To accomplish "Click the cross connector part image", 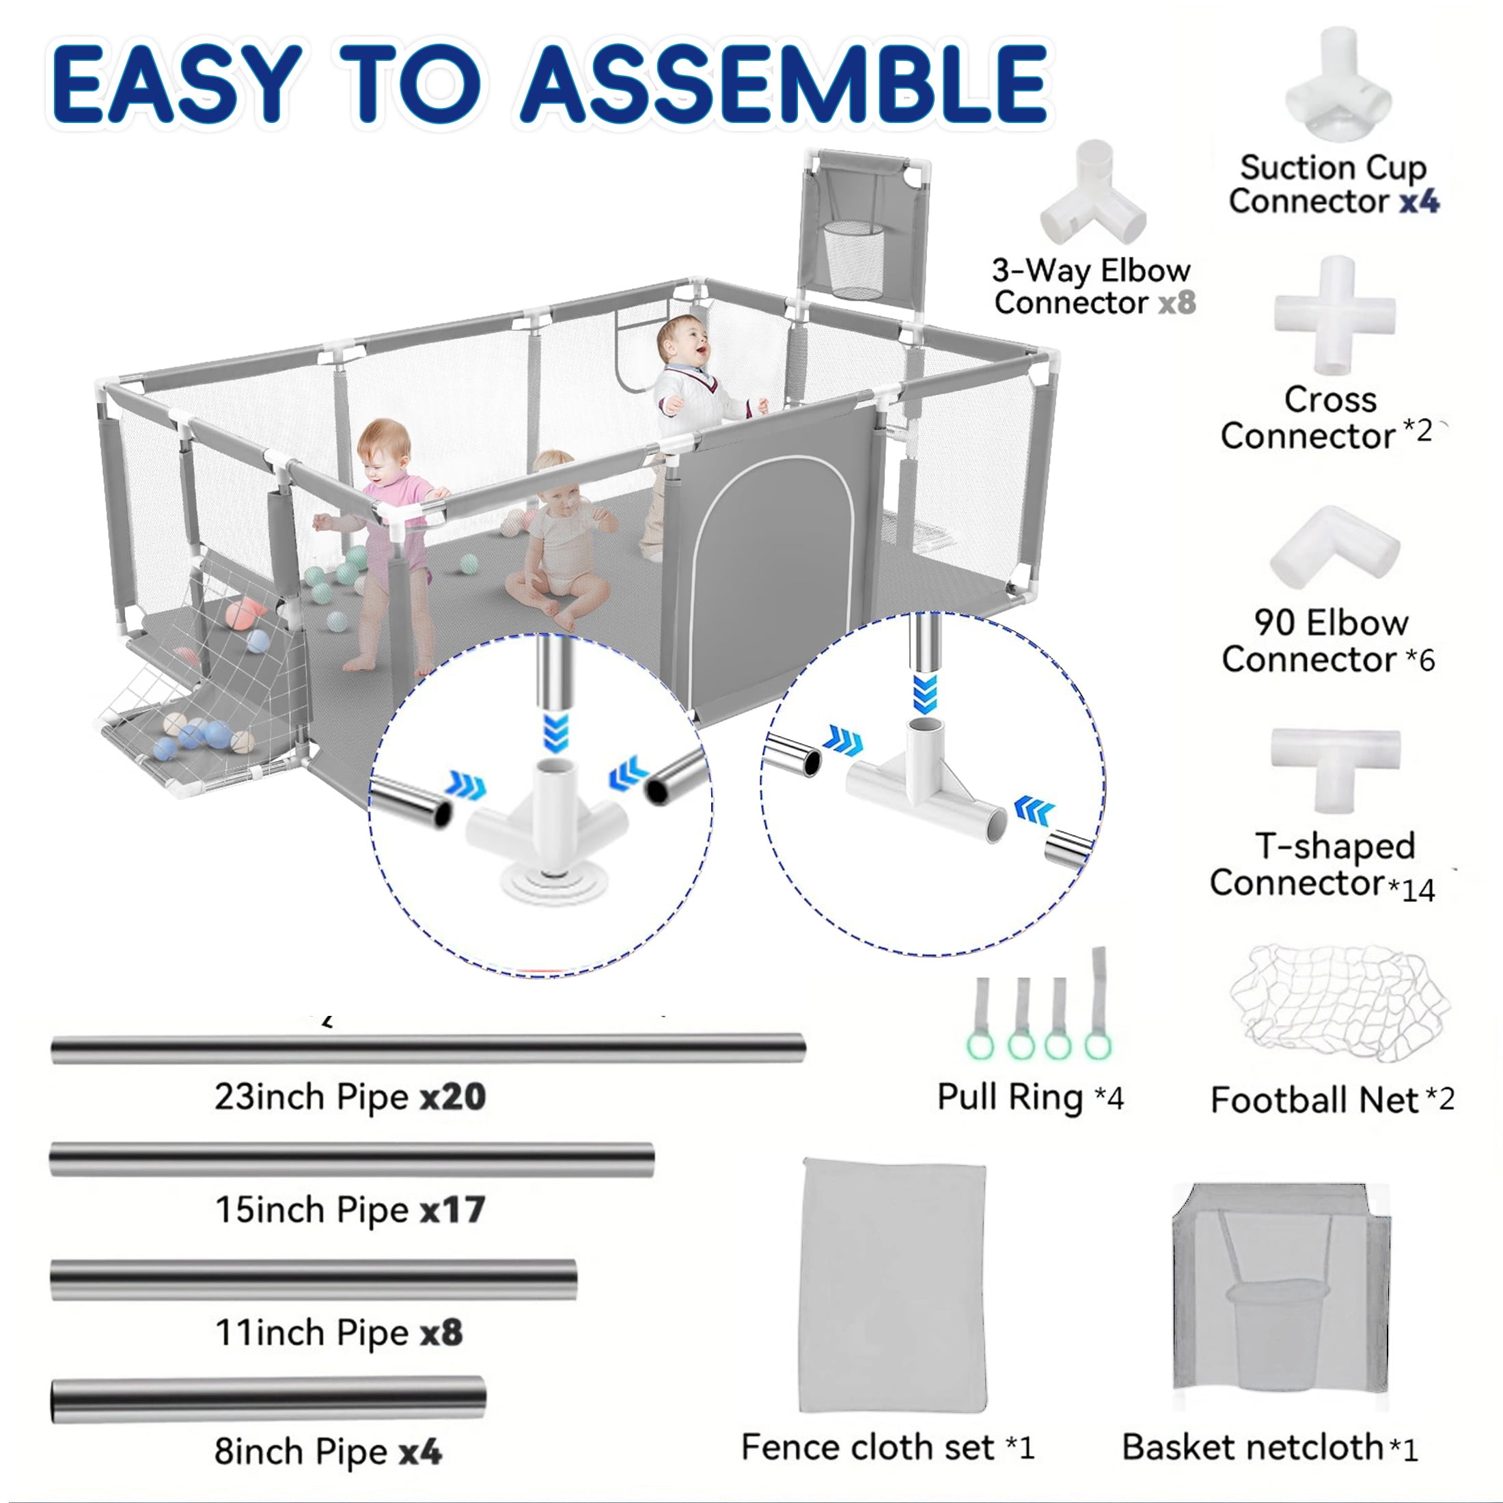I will point(1335,315).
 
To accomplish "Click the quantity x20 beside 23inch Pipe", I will point(453,1097).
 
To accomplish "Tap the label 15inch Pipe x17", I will point(350,1210).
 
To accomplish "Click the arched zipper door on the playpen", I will point(770,576).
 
